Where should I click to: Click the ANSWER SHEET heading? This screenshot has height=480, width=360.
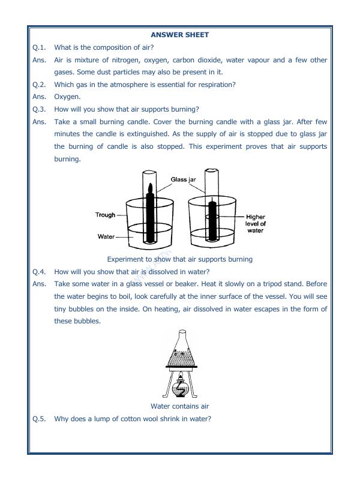179,35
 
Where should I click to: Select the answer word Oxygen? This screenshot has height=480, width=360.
67,97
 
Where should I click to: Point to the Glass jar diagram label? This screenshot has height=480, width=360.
183,179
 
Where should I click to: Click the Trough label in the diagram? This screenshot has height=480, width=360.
105,215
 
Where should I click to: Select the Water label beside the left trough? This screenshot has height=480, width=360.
106,236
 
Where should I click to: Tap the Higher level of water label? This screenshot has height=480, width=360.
255,223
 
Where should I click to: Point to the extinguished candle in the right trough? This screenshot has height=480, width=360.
211,222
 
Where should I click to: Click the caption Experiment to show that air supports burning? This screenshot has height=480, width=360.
179,259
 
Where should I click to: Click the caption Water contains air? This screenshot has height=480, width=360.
179,406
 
